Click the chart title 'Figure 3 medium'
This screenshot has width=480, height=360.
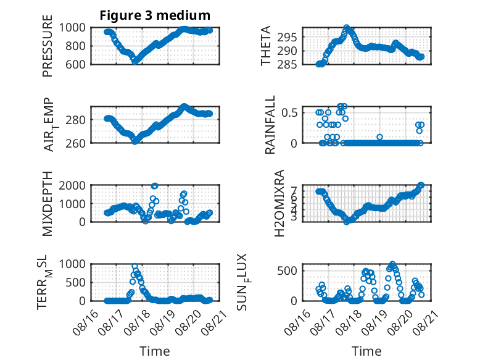(155, 15)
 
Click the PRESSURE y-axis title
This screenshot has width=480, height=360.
(48, 46)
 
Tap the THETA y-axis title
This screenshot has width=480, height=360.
(266, 46)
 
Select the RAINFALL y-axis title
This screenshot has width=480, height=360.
(270, 125)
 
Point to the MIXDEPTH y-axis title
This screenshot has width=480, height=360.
(48, 203)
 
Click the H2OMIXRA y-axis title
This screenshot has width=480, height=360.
(279, 203)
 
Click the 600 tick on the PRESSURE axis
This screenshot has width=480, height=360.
(75, 65)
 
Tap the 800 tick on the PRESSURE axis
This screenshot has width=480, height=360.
(75, 46)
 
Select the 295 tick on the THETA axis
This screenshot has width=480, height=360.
(287, 38)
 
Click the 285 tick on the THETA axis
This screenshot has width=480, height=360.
(287, 64)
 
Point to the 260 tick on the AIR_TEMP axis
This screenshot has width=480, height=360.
(75, 143)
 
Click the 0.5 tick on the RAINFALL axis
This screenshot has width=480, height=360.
(289, 112)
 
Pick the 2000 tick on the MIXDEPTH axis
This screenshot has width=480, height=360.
(72, 185)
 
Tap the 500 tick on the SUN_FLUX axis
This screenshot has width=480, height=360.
(287, 271)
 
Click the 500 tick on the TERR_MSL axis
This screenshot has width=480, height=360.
(75, 282)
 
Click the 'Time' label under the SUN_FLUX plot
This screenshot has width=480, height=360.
(366, 351)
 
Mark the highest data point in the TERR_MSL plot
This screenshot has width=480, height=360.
(134, 266)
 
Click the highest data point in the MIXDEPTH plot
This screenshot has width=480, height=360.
(155, 186)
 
